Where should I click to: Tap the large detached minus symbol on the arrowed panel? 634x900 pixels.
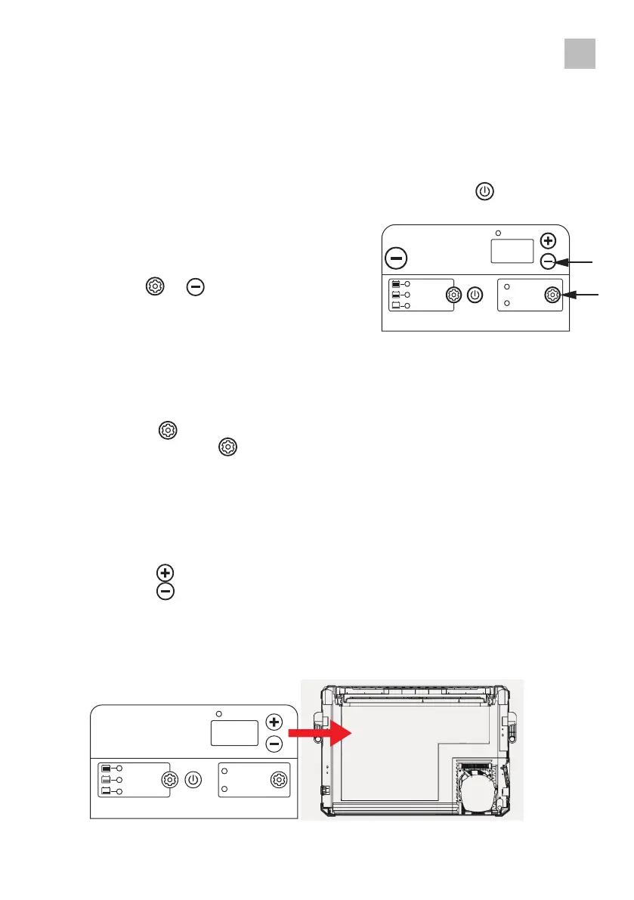395,258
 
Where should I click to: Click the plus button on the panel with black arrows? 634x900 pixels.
549,242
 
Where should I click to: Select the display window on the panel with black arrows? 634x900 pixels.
512,251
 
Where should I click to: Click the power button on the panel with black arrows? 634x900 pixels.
475,294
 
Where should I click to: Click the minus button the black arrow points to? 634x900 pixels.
549,261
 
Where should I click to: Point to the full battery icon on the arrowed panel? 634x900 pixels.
396,284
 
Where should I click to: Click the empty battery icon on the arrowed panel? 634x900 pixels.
396,305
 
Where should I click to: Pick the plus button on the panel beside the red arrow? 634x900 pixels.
274,722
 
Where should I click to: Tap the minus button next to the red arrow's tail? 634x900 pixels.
274,744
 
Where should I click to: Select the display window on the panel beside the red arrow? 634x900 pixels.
233,733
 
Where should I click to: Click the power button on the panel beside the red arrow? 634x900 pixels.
193,780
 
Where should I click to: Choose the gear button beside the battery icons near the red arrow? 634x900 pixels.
170,780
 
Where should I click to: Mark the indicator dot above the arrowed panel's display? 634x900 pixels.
497,233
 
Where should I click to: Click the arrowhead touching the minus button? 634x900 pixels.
562,261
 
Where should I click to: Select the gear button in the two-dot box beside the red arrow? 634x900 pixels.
280,780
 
